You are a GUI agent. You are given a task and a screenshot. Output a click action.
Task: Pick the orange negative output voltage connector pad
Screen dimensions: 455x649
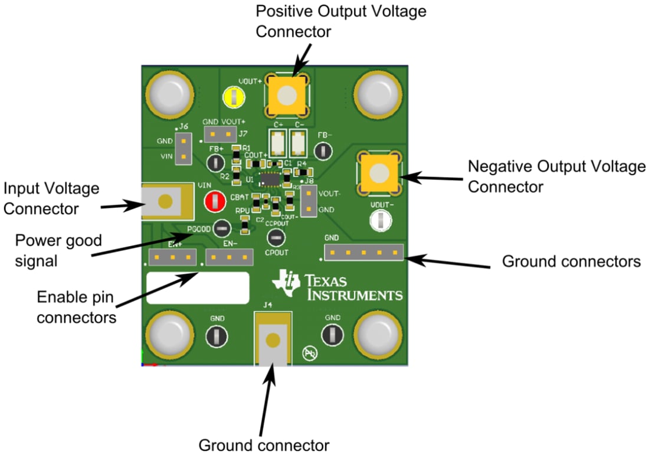click(x=378, y=172)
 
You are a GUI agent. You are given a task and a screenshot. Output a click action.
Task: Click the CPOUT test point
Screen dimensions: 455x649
click(x=276, y=238)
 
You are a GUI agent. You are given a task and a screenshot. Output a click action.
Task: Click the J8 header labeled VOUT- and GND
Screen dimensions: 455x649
click(x=309, y=202)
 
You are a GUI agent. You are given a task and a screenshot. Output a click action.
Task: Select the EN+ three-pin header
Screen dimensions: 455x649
click(x=173, y=257)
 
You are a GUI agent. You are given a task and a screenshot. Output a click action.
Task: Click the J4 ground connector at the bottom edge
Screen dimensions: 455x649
click(x=273, y=340)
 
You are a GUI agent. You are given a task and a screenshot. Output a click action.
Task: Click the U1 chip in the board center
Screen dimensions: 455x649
click(x=270, y=179)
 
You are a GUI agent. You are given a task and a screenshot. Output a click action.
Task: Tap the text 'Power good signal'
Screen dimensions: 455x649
click(x=58, y=250)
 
